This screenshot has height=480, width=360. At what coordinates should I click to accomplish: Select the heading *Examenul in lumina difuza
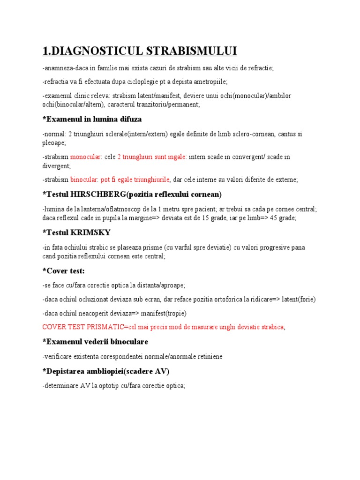click(x=92, y=119)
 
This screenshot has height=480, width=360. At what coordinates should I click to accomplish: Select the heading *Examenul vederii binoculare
click(x=95, y=342)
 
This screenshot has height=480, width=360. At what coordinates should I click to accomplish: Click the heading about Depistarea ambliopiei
click(x=106, y=371)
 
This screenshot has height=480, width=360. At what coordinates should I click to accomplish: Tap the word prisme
click(x=151, y=247)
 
